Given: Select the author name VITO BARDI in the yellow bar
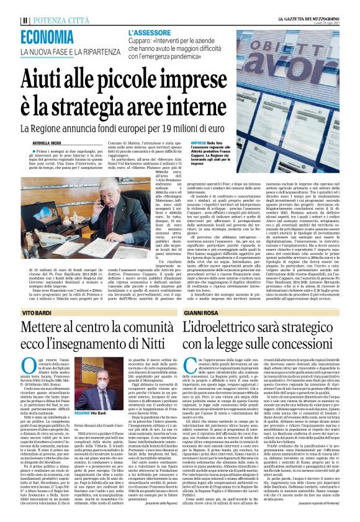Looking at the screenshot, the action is (x=37, y=314).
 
